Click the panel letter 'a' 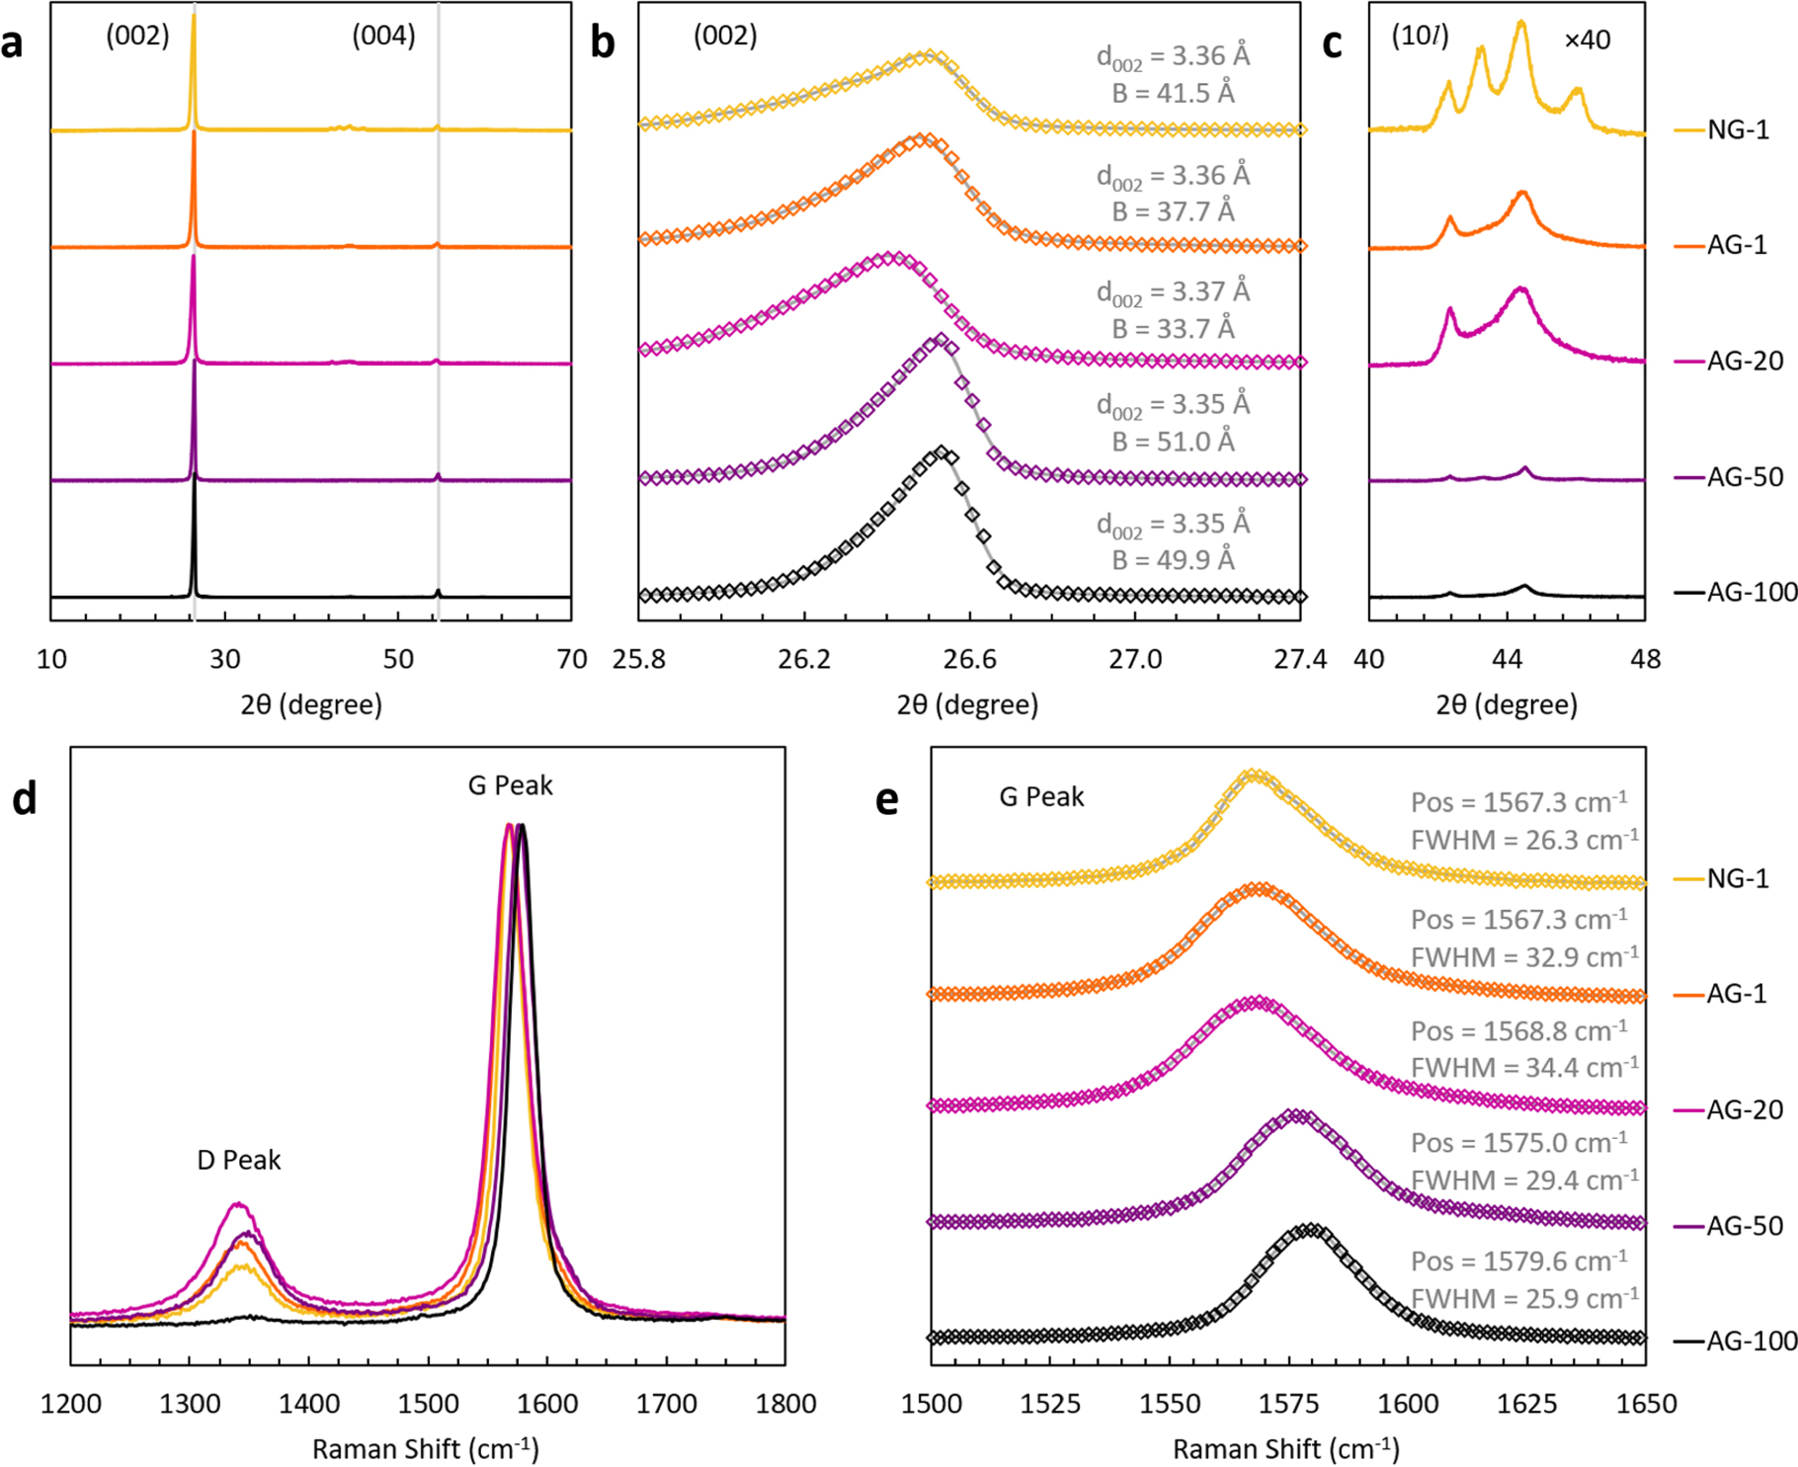point(13,44)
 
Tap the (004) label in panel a point(383,37)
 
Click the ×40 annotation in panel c point(1587,41)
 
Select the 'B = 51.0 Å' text point(1173,442)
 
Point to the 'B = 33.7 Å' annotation point(1173,328)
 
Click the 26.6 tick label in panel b point(969,659)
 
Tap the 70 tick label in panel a point(572,659)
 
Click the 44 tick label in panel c point(1507,659)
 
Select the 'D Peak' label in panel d point(239,1160)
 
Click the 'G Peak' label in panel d point(510,785)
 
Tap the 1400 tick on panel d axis point(309,1403)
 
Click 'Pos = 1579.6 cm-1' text point(1518,1262)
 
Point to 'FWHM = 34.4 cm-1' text point(1523,1068)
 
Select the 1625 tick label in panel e point(1527,1403)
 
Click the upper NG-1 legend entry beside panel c point(1738,129)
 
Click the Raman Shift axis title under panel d point(426,1448)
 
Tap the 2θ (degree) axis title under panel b point(967,704)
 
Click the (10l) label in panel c point(1420,37)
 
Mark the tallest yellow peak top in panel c point(1520,22)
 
